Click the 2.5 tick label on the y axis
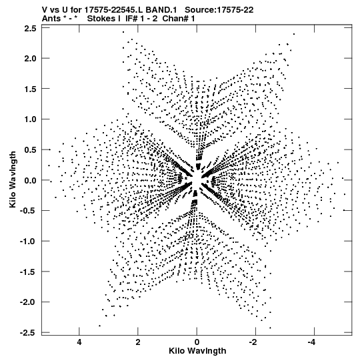click(30, 29)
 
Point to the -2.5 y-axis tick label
click(28, 333)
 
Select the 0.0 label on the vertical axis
click(30, 180)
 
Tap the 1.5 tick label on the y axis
click(30, 89)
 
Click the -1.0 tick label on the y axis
click(28, 242)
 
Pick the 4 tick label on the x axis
click(79, 342)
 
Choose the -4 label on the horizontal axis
click(312, 342)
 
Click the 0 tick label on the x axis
click(197, 342)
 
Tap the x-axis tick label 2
click(138, 342)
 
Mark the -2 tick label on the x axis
click(253, 342)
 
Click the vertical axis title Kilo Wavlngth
click(13, 179)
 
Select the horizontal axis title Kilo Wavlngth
click(197, 351)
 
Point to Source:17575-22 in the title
click(219, 10)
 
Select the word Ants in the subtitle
click(51, 19)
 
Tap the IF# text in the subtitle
click(131, 19)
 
